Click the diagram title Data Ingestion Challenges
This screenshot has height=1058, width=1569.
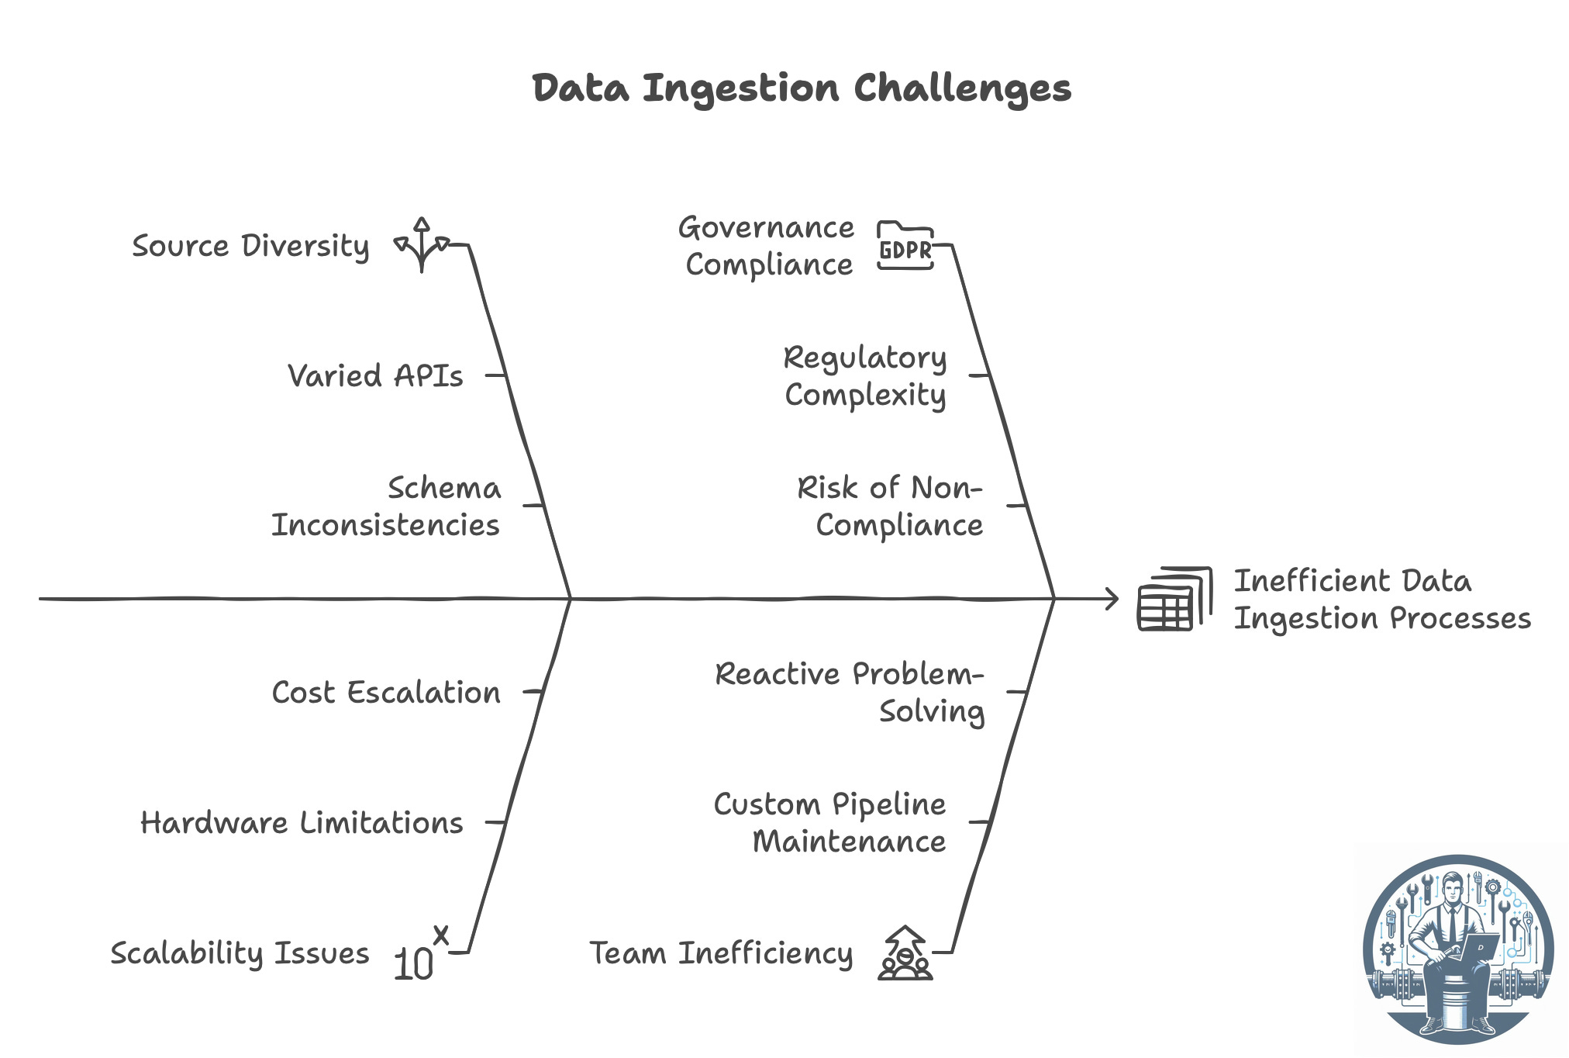click(802, 88)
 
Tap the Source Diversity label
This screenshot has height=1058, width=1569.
click(250, 247)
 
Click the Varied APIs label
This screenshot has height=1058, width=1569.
click(375, 376)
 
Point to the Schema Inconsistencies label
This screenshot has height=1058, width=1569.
click(386, 507)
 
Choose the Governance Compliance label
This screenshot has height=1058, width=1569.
click(767, 246)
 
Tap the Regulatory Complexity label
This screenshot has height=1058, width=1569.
click(865, 376)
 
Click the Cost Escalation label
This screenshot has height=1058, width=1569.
click(386, 692)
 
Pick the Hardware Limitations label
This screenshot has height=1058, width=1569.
click(302, 822)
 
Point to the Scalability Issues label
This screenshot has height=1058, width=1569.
click(240, 953)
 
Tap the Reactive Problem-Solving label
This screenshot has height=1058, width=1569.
click(850, 692)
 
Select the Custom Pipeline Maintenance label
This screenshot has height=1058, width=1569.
click(830, 822)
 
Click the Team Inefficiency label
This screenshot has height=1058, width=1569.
click(721, 953)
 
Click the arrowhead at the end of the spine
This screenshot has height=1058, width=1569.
click(1112, 599)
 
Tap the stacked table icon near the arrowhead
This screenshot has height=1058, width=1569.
click(1174, 599)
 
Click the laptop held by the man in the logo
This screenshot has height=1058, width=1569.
click(1478, 948)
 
